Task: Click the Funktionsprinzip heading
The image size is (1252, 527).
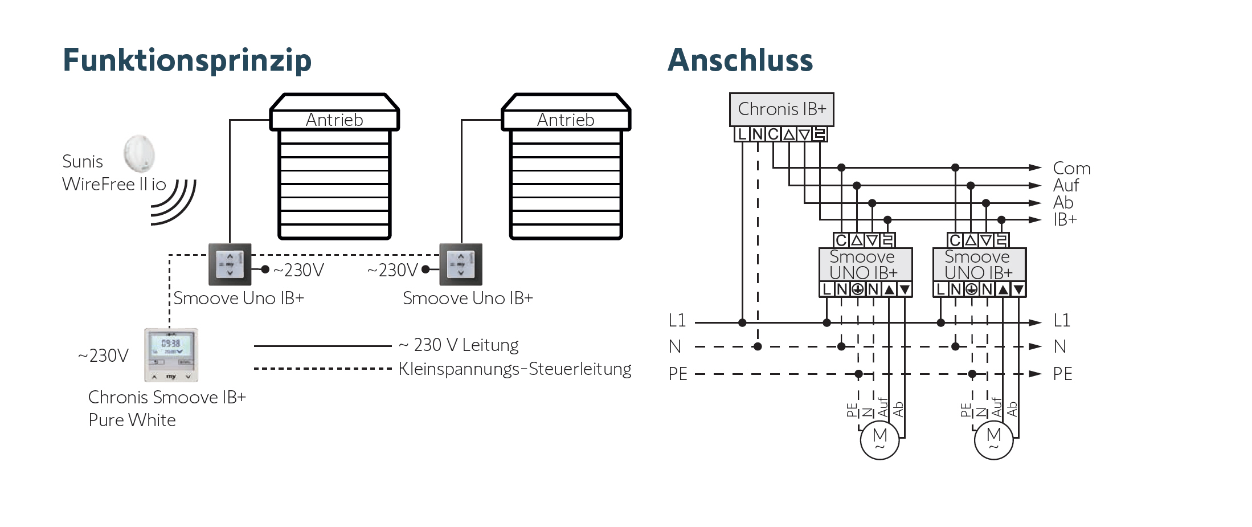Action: tap(187, 60)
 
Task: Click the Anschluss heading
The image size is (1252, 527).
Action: tap(740, 60)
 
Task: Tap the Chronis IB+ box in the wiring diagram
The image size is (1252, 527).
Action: tap(782, 109)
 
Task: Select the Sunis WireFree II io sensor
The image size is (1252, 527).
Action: tap(139, 153)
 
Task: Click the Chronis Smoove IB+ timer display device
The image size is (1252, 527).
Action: tap(171, 354)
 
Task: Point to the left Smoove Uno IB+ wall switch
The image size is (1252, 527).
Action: tap(230, 264)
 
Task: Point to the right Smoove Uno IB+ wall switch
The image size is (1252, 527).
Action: tap(461, 264)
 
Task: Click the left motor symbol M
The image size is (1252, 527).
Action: tap(879, 439)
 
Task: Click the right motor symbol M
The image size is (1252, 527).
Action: tap(993, 439)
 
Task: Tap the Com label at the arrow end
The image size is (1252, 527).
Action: tap(1071, 168)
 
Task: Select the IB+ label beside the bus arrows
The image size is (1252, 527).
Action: tap(1065, 219)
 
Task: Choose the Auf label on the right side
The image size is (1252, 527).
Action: tap(1066, 185)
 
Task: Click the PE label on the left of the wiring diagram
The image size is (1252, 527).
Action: tap(678, 374)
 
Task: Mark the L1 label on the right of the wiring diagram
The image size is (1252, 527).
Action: tap(1062, 320)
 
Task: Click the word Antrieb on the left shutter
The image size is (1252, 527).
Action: tap(334, 120)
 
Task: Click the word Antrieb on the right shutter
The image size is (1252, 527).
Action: tap(566, 120)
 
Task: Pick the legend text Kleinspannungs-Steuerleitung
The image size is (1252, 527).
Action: tap(515, 369)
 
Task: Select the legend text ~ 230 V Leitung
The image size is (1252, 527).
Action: tap(459, 345)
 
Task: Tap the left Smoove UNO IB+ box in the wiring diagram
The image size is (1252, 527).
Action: tap(865, 264)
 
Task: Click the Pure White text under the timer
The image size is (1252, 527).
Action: tap(132, 420)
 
